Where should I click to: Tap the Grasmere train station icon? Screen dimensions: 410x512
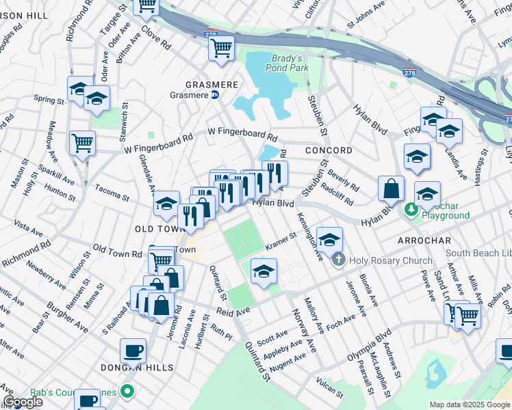tap(215, 96)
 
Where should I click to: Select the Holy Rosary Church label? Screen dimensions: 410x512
tap(390, 260)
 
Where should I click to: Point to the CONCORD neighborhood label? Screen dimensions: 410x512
tap(329, 150)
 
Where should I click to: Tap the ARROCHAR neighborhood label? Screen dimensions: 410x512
tap(424, 241)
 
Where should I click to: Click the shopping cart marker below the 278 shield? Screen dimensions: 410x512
tap(221, 48)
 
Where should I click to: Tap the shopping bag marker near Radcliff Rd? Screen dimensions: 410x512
tap(390, 189)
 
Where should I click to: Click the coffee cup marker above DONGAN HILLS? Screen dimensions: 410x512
tap(133, 351)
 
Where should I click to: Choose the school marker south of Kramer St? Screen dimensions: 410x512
tap(264, 271)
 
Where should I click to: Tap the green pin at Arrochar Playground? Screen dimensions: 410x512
tap(411, 208)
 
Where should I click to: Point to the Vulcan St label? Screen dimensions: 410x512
tap(331, 387)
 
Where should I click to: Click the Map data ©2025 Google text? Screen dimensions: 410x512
tap(470, 405)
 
